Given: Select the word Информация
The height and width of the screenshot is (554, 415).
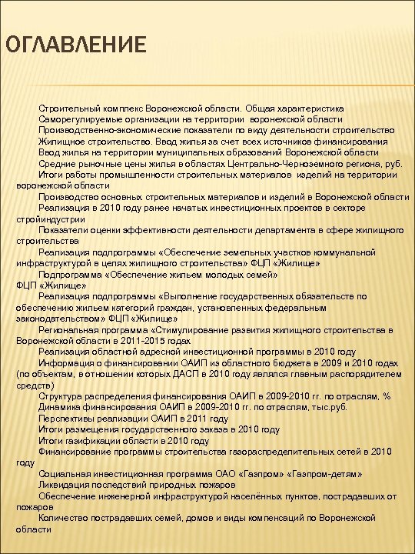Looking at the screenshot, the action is tap(68, 362).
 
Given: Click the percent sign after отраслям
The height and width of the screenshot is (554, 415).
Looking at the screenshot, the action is tap(386, 395).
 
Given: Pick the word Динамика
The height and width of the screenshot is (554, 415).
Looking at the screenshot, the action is tap(65, 406).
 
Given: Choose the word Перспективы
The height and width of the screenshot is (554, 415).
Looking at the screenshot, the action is tap(70, 417).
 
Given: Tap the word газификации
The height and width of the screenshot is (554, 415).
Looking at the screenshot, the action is tap(92, 439).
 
